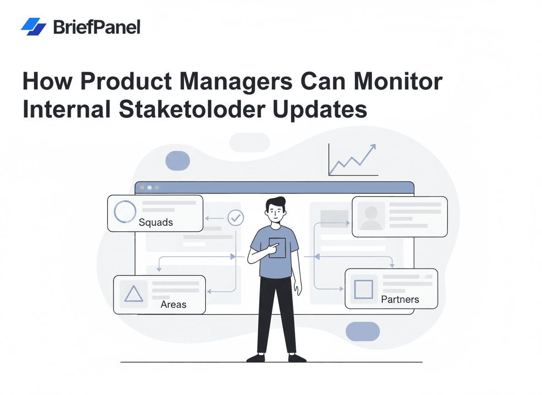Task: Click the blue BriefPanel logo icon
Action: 33,27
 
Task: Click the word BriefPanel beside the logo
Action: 97,27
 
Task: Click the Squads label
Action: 156,223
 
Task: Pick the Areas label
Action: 173,304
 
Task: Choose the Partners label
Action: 400,299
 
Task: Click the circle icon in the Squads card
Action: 125,212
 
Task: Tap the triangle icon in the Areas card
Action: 134,294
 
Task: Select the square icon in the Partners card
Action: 363,289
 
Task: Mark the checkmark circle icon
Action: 236,218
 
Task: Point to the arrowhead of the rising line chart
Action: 373,147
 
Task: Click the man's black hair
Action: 276,203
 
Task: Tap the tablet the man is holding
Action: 277,248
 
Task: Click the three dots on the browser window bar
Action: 149,187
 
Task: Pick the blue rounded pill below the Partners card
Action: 363,331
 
